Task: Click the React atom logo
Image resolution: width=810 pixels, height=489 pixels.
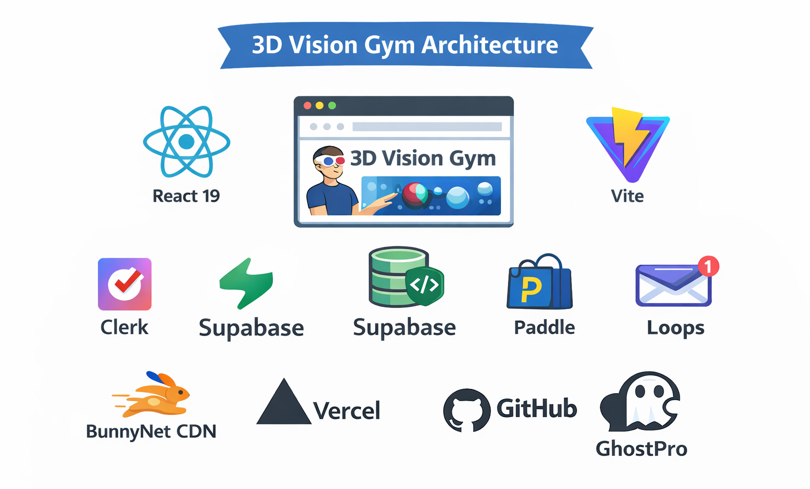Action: tap(187, 142)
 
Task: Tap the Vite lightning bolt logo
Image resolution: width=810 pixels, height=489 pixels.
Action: tap(627, 143)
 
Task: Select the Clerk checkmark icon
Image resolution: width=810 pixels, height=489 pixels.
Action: tap(125, 284)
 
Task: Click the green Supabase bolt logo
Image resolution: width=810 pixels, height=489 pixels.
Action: tap(247, 283)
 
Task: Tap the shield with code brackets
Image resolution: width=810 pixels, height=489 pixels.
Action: tap(425, 285)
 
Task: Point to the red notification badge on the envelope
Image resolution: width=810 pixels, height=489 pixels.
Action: tap(708, 265)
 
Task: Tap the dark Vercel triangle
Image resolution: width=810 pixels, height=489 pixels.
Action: tap(283, 403)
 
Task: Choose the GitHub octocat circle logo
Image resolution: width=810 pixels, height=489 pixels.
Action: tap(466, 410)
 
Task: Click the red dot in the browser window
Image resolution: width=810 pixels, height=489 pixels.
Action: tap(307, 105)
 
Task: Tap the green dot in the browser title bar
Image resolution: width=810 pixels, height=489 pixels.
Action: tap(332, 105)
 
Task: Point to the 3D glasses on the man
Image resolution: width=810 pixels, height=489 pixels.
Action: tap(329, 160)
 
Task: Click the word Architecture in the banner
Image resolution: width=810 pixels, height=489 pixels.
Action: tap(490, 45)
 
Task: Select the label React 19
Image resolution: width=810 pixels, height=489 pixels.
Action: tap(186, 196)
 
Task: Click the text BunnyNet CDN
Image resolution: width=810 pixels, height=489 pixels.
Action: tap(151, 431)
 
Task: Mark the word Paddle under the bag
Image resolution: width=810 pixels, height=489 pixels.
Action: tap(544, 328)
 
